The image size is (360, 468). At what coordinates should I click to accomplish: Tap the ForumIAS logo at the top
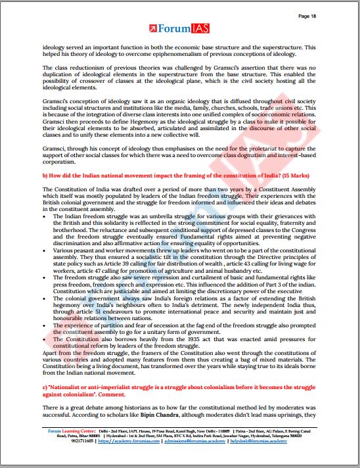180,28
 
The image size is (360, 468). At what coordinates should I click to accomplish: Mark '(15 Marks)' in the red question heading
290,175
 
